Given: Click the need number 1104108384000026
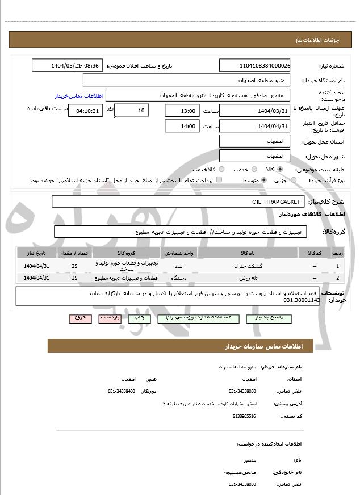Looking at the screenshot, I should pos(254,65).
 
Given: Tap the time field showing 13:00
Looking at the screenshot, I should pos(181,111).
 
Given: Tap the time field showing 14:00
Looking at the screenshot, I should pos(181,126).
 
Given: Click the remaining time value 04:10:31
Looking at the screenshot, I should pos(85,111).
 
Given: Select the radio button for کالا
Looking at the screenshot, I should pos(280,169).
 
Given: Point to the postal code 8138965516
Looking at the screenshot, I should pos(244,416).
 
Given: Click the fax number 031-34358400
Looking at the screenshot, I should pos(122,392).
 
